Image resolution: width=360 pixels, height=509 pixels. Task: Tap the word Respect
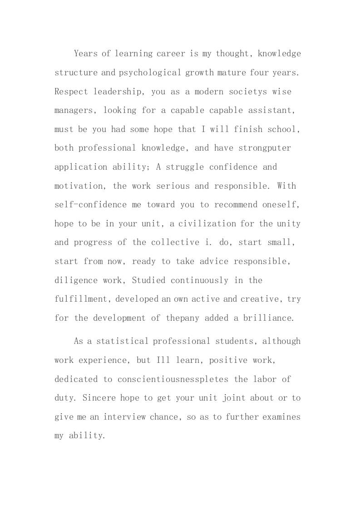71,92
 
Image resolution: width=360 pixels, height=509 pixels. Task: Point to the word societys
253,92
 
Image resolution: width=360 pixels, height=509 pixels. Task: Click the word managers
74,111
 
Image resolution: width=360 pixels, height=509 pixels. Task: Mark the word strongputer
265,148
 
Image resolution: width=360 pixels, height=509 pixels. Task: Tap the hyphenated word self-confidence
91,205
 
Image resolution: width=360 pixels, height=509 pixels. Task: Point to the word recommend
236,205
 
